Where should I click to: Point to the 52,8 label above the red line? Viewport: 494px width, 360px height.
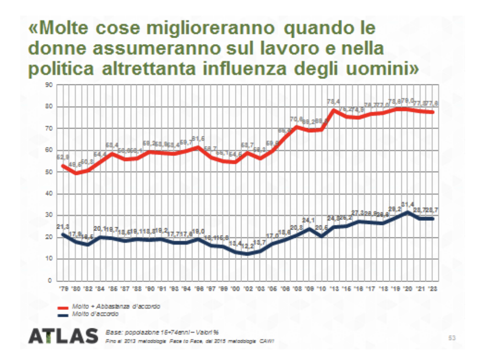point(62,157)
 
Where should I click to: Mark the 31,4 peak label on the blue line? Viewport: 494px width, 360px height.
point(407,204)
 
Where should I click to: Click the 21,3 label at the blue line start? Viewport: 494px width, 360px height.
point(62,227)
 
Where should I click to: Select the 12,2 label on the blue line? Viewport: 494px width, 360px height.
point(248,246)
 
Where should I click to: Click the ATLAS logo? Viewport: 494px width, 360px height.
point(63,335)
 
